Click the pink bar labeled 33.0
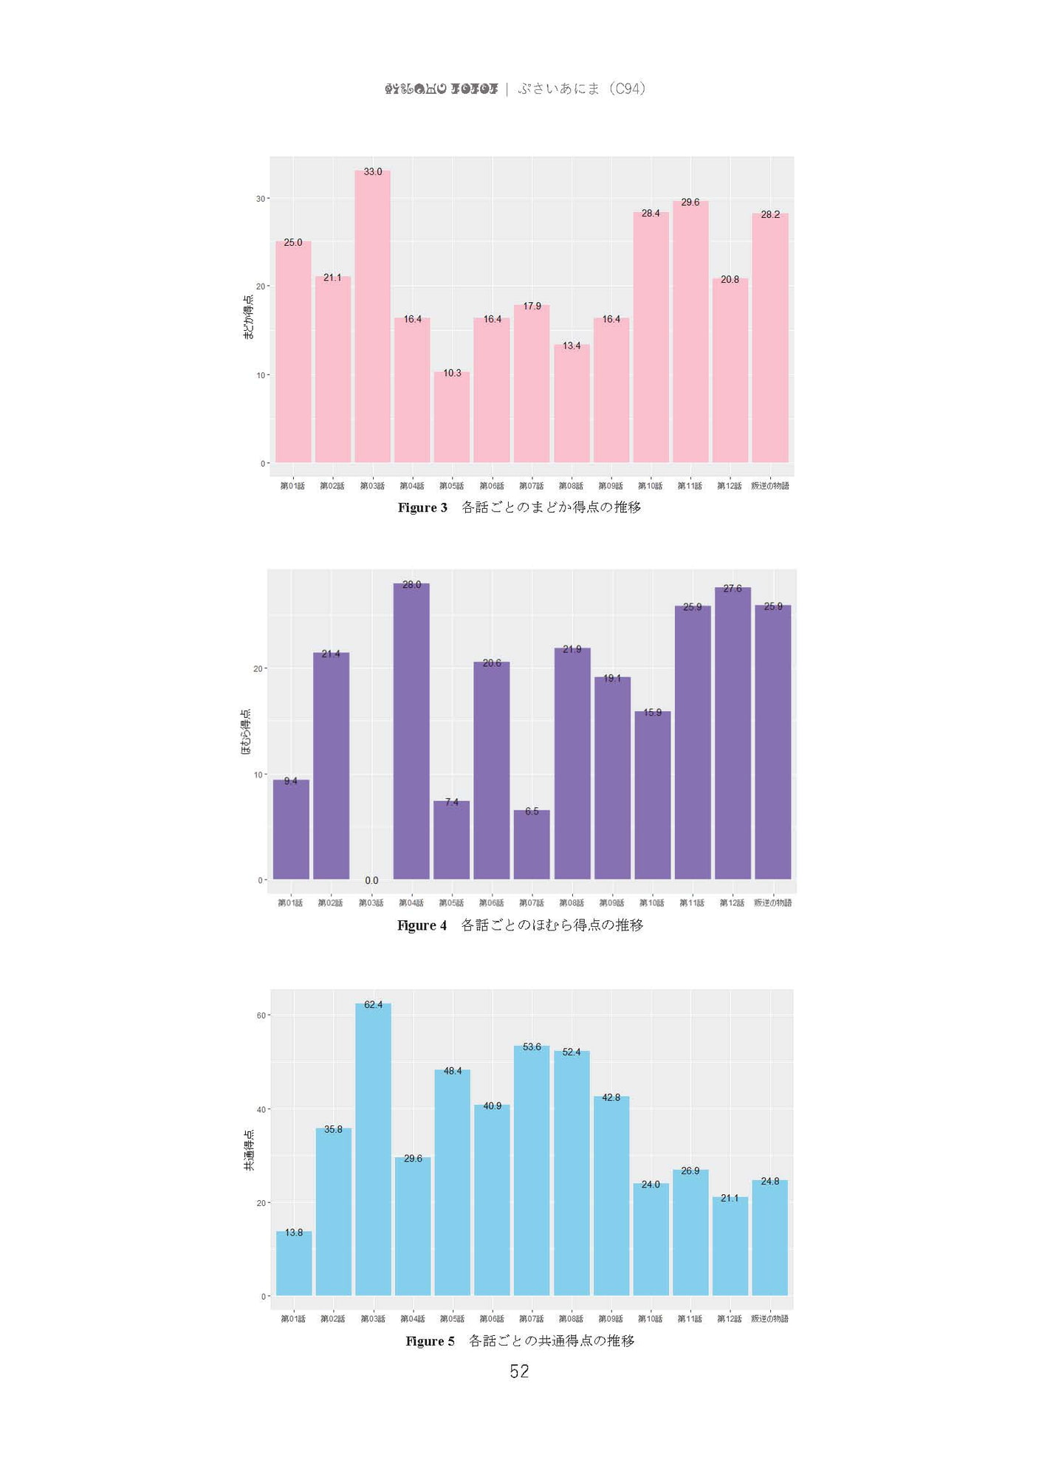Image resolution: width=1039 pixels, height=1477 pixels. coord(372,318)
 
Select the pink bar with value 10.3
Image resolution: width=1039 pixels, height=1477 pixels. coord(451,417)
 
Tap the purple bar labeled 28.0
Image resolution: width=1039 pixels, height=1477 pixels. coord(411,731)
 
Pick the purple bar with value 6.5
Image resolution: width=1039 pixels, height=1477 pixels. coord(532,845)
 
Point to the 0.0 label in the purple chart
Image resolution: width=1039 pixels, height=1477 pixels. coord(371,880)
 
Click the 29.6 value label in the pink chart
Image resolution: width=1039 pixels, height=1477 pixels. coord(690,202)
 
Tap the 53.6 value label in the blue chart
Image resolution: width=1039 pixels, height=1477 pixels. coord(532,1046)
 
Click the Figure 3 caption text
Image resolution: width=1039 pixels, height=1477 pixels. coord(519,507)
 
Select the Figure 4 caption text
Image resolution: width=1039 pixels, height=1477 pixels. coord(520,925)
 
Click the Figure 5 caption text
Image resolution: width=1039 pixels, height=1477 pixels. coord(520,1340)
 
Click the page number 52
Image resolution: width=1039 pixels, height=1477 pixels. coord(519,1371)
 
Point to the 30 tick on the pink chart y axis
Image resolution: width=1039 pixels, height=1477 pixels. coord(261,199)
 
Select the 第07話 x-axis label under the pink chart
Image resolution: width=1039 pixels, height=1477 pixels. coord(531,486)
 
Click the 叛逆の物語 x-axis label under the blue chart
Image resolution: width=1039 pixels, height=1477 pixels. coord(769,1318)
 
